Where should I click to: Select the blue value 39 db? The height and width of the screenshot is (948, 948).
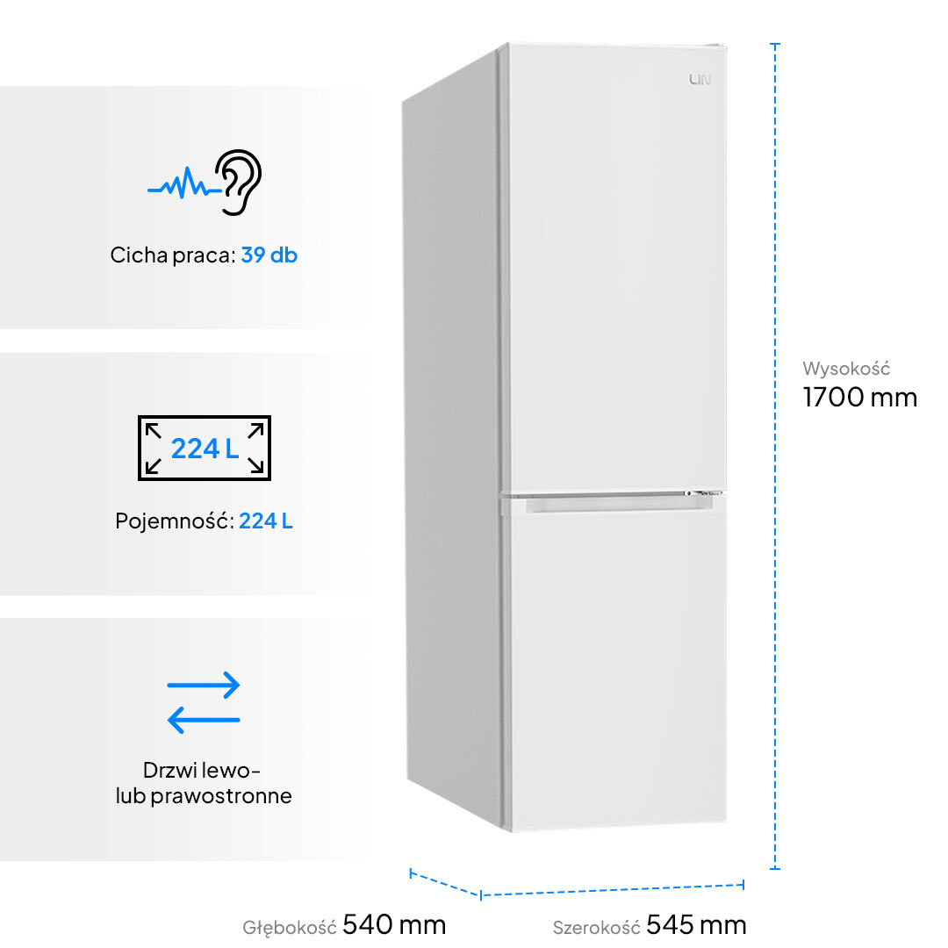269,255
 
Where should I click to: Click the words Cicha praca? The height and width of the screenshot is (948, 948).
172,255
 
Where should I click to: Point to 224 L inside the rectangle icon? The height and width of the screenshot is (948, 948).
205,449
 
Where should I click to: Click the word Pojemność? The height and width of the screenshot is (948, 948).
174,521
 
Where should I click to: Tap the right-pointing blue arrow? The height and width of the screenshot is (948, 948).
204,686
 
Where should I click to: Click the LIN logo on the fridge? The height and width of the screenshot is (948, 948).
700,81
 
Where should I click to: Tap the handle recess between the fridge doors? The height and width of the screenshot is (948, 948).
614,503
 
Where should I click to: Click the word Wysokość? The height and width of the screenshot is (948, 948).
846,369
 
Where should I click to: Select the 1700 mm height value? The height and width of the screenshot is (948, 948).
860,398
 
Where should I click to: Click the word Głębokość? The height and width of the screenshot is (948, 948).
290,927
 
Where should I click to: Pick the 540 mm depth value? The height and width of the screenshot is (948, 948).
394,924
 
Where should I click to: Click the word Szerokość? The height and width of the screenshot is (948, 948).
596,927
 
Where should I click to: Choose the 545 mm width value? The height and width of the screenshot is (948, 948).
696,924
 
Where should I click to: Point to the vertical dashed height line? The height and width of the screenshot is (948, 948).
775,456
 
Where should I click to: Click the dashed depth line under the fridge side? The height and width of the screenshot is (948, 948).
445,883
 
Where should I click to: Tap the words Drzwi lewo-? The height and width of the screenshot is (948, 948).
202,771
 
